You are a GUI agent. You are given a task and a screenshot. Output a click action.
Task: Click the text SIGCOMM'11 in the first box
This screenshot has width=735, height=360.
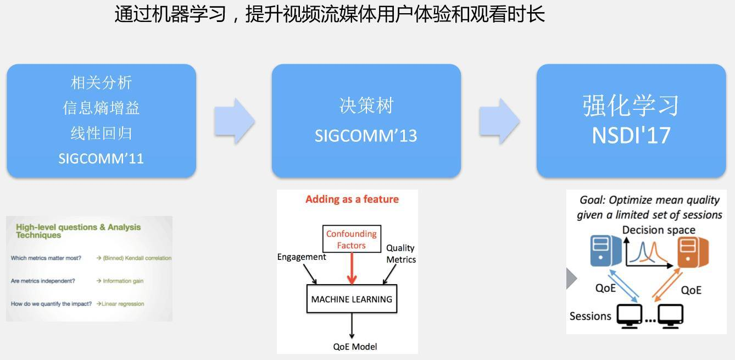[101, 159]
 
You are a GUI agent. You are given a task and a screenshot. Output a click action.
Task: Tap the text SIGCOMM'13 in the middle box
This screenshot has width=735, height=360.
[366, 135]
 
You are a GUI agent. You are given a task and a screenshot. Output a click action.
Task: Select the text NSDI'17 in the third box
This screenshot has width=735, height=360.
[631, 135]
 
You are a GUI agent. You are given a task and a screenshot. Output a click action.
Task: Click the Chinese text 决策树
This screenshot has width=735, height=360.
[366, 106]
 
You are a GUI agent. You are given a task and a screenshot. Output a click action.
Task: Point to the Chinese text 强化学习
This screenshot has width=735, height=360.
[631, 106]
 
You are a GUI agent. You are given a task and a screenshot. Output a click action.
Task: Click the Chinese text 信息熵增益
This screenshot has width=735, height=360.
[101, 108]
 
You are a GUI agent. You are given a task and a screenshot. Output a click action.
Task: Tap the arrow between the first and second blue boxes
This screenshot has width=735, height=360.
[235, 121]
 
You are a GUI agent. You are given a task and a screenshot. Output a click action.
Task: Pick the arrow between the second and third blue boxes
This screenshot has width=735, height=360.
[499, 121]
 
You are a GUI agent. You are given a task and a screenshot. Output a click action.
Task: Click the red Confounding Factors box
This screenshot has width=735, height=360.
[351, 240]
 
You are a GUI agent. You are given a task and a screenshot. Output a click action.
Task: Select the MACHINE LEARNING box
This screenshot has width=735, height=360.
[352, 300]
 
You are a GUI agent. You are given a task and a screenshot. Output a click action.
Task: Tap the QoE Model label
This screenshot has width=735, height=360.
[355, 346]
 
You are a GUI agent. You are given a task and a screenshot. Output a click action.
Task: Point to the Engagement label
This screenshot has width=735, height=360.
[302, 257]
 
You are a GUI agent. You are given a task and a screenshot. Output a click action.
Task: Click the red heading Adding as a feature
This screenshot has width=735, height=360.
[352, 199]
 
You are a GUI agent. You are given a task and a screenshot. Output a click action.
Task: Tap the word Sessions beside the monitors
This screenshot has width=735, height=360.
[590, 316]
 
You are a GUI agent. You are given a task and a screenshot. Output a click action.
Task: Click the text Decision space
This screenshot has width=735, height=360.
[659, 230]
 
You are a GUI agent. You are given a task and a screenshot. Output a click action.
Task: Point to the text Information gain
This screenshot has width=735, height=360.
[123, 281]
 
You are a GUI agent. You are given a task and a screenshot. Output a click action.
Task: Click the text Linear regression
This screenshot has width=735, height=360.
[123, 304]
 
